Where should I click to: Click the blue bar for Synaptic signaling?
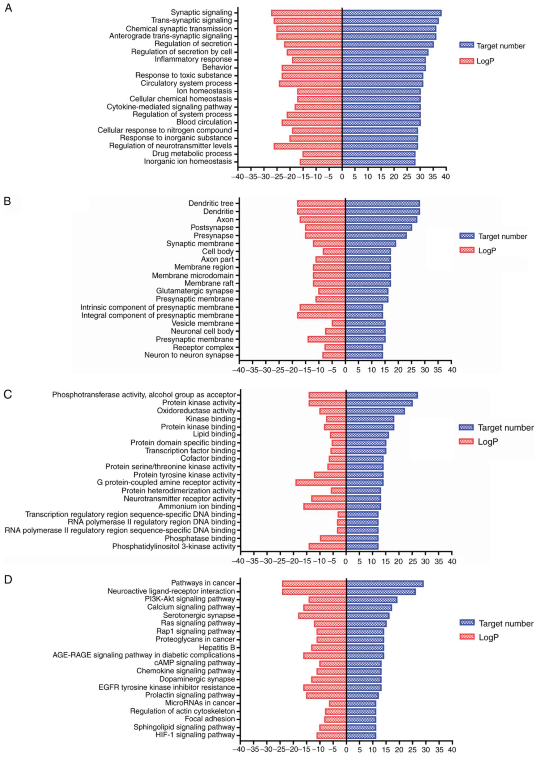point(392,13)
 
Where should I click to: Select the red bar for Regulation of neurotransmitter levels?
point(308,146)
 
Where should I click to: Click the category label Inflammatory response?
point(193,59)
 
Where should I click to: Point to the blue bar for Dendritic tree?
point(383,203)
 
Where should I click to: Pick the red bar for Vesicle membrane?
point(339,323)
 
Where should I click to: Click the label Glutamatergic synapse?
point(195,291)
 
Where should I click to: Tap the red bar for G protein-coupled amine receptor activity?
point(321,483)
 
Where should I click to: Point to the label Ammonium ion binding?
point(197,507)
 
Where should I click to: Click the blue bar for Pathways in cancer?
point(385,584)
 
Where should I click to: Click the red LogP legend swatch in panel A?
point(466,61)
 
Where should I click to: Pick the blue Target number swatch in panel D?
point(467,623)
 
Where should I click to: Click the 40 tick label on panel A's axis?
point(446,177)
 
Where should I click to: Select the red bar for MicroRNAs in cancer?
point(338,704)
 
